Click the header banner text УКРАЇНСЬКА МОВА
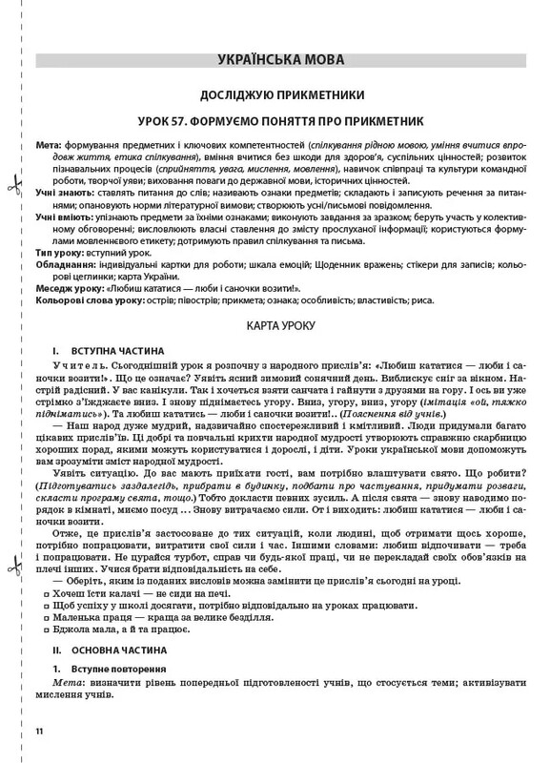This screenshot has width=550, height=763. coord(275,59)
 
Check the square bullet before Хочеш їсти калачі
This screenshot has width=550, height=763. coord(46,593)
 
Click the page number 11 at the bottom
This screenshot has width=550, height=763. coord(39,732)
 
